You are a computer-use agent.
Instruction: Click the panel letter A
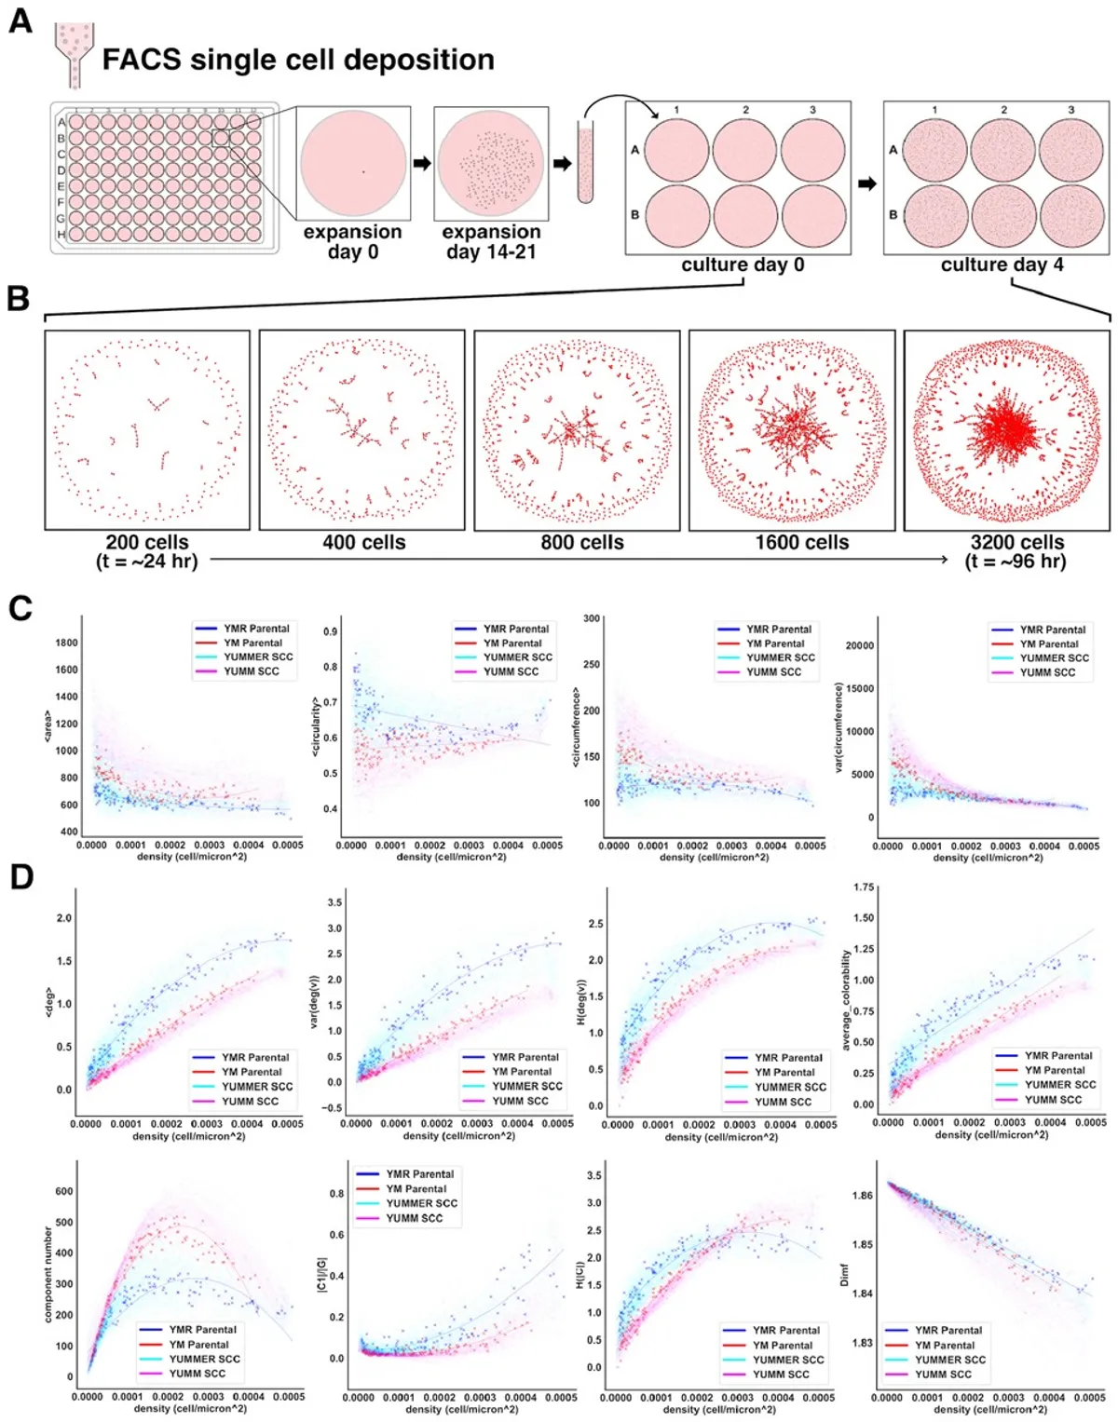pyautogui.click(x=20, y=20)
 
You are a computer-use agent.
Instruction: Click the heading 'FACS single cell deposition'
pyautogui.click(x=297, y=60)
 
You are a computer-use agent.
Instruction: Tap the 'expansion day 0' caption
pyautogui.click(x=352, y=242)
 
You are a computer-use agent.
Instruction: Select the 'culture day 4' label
pyautogui.click(x=1002, y=264)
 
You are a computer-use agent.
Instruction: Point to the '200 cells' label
pyautogui.click(x=147, y=542)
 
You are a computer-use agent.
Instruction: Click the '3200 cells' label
pyautogui.click(x=1016, y=542)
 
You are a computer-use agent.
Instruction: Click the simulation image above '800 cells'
pyautogui.click(x=577, y=430)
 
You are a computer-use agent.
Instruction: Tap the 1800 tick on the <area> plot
pyautogui.click(x=66, y=643)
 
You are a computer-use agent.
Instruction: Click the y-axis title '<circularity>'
pyautogui.click(x=316, y=726)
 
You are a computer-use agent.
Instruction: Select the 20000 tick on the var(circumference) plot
pyautogui.click(x=859, y=645)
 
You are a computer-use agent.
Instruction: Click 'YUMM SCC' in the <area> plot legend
pyautogui.click(x=251, y=671)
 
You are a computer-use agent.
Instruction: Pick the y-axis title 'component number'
pyautogui.click(x=48, y=1274)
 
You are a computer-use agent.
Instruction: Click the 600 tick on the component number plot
pyautogui.click(x=63, y=1191)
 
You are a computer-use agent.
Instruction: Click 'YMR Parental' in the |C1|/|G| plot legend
pyautogui.click(x=419, y=1174)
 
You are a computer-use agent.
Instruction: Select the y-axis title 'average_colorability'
pyautogui.click(x=846, y=1000)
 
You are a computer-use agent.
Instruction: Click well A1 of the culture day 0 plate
pyautogui.click(x=676, y=151)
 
